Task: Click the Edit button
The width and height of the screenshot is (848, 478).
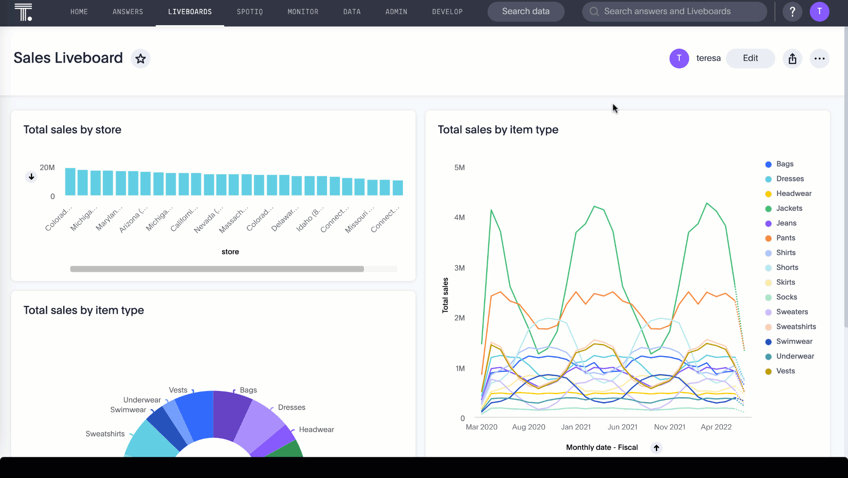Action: click(x=750, y=58)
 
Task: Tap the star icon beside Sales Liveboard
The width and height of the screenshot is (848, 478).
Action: click(x=140, y=58)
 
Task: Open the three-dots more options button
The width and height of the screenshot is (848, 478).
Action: click(x=819, y=58)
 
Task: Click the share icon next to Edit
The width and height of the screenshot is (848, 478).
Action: click(x=792, y=58)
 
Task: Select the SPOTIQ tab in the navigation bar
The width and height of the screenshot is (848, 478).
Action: click(x=250, y=12)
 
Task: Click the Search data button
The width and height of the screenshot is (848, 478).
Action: click(x=526, y=11)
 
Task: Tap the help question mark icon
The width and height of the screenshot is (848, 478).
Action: click(x=792, y=11)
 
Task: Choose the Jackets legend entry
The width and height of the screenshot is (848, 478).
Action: click(x=789, y=208)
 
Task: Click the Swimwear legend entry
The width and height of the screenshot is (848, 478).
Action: click(x=794, y=341)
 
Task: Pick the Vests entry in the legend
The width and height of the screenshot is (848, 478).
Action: click(x=785, y=371)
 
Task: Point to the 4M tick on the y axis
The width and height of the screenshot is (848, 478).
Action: click(x=459, y=218)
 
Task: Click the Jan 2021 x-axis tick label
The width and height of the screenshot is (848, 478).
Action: click(x=575, y=427)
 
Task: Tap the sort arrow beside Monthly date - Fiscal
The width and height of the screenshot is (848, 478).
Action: click(x=656, y=448)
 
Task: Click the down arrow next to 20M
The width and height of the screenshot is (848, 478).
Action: click(x=31, y=177)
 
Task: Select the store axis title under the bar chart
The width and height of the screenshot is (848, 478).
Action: click(x=230, y=252)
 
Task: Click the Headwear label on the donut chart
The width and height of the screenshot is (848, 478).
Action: click(x=316, y=429)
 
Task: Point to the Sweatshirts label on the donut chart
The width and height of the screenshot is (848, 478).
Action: click(x=105, y=434)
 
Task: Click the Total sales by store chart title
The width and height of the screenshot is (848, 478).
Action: click(x=72, y=130)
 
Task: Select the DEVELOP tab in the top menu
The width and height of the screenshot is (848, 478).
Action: click(x=447, y=12)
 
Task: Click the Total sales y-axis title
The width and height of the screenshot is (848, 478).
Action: click(x=445, y=295)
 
